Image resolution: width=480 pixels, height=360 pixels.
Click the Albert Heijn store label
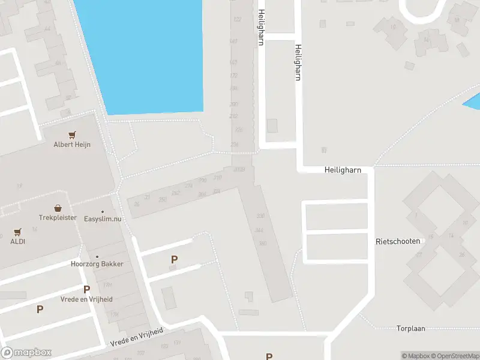pos(72,145)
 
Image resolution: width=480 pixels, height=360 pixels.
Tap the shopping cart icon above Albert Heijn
pos(73,135)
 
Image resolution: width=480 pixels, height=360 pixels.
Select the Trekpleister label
pos(58,218)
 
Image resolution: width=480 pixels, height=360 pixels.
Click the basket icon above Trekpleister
pos(58,208)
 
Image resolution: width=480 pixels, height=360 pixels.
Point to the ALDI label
pos(17,241)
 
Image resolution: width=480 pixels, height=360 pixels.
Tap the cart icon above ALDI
pos(17,232)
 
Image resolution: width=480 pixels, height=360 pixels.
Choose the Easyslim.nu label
pos(103,219)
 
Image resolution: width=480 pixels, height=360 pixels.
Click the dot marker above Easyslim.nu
pos(103,212)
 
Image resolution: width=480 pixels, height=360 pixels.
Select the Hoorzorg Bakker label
pos(97,264)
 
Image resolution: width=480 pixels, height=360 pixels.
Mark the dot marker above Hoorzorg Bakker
pos(97,257)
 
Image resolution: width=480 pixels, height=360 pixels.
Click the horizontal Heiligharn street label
pos(343,170)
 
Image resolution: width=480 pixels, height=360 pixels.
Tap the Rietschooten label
pos(397,241)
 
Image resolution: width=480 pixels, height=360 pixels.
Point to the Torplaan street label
pos(411,328)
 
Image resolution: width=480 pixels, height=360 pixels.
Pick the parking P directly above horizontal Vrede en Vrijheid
pos(87,289)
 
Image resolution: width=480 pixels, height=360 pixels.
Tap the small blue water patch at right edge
pos(473,102)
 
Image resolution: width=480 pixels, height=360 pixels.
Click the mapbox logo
pos(26,353)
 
